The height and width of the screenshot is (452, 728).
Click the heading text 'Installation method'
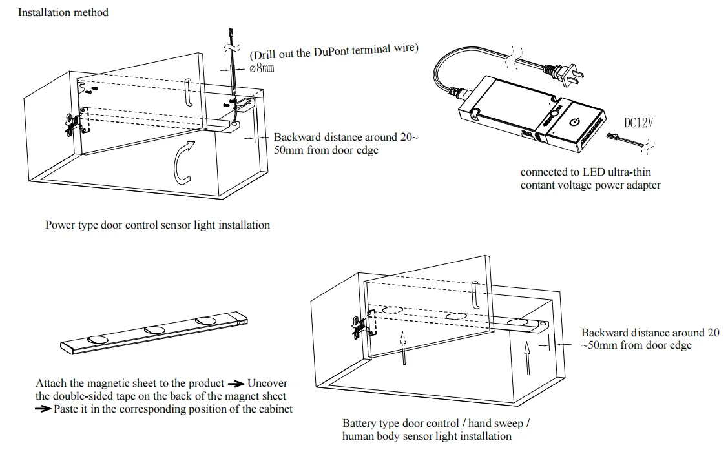point(63,12)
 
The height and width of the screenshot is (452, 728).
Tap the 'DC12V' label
point(638,123)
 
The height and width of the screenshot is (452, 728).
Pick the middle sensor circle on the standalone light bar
point(155,330)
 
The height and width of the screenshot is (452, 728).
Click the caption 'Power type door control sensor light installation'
point(158,225)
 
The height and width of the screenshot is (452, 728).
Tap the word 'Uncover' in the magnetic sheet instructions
point(267,384)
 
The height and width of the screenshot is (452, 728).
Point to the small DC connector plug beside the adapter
point(613,136)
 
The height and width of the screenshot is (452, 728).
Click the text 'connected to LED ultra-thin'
point(585,172)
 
